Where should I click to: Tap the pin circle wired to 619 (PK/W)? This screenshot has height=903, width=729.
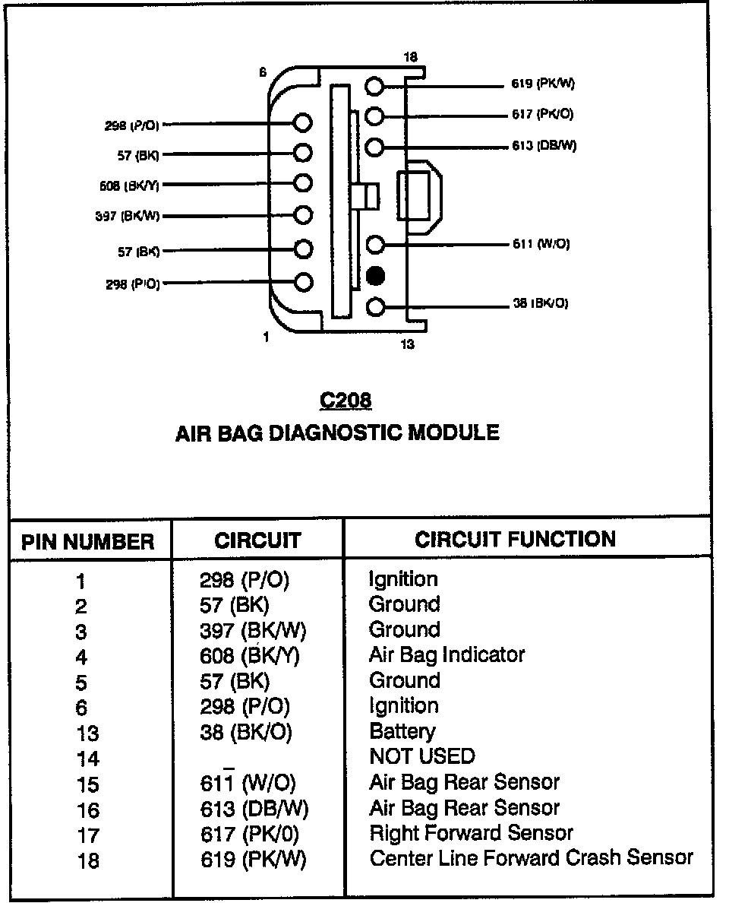click(374, 85)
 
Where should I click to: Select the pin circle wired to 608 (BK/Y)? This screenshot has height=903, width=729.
click(303, 184)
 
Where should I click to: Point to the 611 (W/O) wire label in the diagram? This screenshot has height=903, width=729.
click(541, 244)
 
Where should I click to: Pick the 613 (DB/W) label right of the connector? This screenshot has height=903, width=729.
click(544, 146)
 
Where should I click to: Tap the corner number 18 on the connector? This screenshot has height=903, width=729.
click(410, 58)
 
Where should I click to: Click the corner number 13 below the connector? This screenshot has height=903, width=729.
click(408, 344)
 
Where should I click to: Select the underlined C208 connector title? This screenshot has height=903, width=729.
click(346, 400)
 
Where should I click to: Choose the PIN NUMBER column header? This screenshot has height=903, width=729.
click(88, 542)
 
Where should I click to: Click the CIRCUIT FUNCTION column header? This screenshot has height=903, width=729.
click(515, 540)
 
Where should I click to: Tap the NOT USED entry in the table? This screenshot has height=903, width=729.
click(421, 756)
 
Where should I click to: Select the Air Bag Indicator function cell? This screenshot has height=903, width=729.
click(447, 654)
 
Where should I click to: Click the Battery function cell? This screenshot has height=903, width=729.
click(402, 731)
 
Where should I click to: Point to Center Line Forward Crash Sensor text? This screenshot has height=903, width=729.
click(531, 858)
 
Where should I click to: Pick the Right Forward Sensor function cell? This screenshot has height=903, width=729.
click(471, 833)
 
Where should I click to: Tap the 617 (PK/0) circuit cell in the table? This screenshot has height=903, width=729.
click(250, 835)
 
